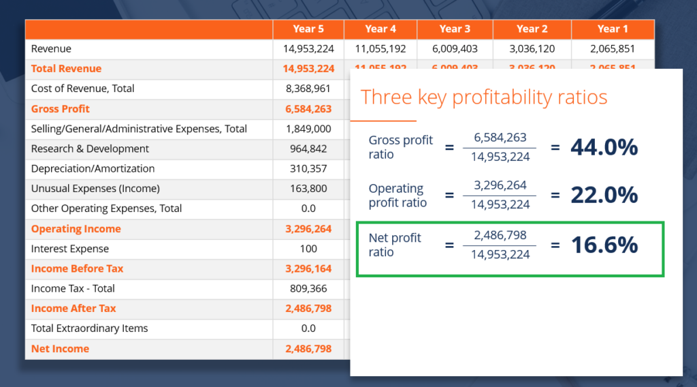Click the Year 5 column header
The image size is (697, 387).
308,29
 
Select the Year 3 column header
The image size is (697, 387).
455,29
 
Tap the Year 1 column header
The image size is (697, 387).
613,29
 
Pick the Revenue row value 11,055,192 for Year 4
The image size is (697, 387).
380,49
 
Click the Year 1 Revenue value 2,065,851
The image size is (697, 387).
613,49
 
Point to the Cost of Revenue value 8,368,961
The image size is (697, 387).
308,89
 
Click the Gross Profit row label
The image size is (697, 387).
61,109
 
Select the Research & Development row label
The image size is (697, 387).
90,149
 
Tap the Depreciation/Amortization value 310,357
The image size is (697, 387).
308,168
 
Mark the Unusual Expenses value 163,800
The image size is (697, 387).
308,189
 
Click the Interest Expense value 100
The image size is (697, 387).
308,249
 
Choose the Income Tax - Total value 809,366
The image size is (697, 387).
308,288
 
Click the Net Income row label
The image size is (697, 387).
60,349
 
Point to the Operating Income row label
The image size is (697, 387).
76,229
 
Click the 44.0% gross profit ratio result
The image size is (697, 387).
604,146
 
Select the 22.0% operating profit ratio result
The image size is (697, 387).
604,195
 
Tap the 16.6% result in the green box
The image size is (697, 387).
604,245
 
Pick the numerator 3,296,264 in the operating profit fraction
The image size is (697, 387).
500,185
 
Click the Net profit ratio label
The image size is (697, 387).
395,245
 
